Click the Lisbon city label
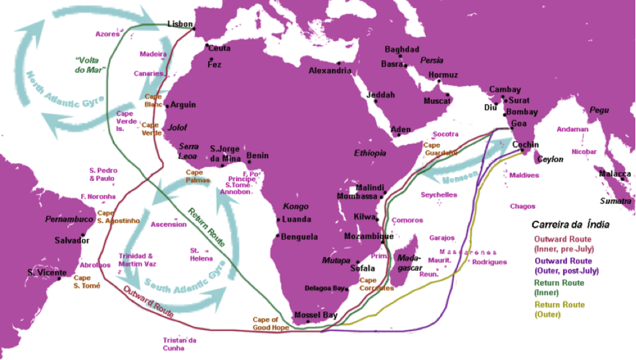pyautogui.click(x=179, y=24)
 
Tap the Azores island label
pyautogui.click(x=107, y=33)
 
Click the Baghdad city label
pyautogui.click(x=401, y=49)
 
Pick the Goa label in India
pyautogui.click(x=520, y=124)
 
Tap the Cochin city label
pyautogui.click(x=526, y=145)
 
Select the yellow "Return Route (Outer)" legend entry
pyautogui.click(x=560, y=309)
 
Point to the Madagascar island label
pyautogui.click(x=409, y=263)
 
